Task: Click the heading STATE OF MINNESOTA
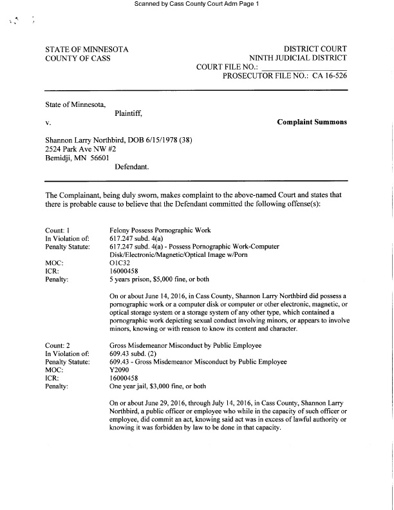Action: point(87,49)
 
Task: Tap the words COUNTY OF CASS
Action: point(78,58)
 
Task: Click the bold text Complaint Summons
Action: point(312,122)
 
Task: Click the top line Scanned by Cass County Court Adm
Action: point(196,5)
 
